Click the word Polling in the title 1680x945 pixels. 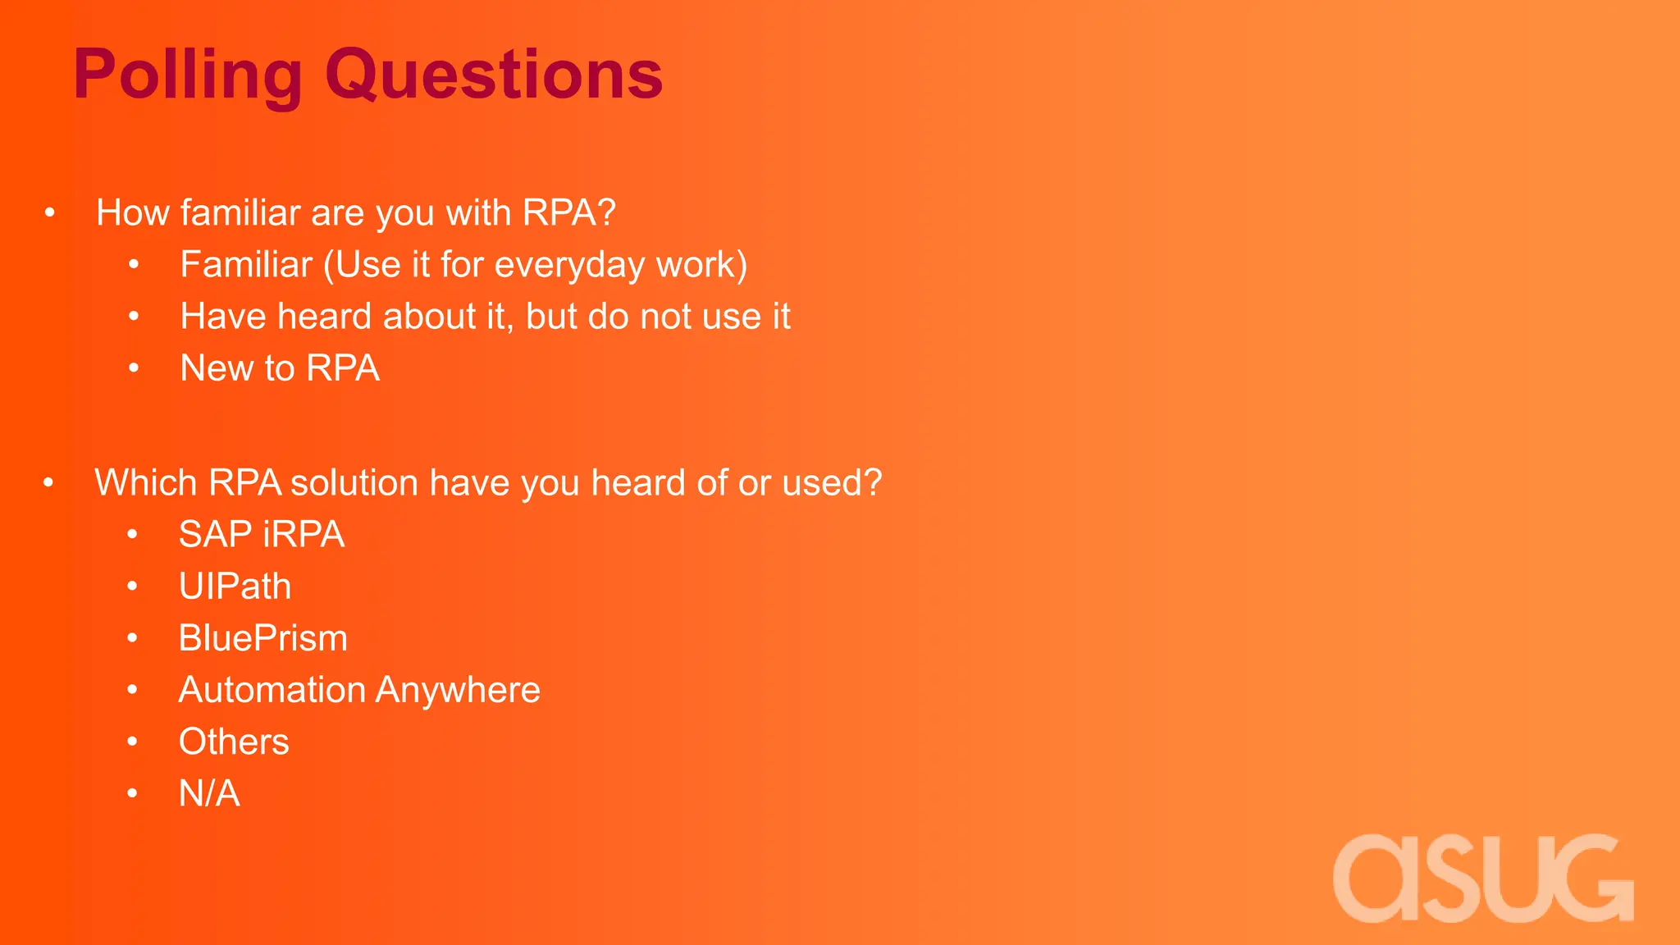coord(188,75)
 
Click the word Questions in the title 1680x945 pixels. coord(494,75)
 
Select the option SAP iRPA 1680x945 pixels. coord(262,535)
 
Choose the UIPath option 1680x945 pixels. coord(235,587)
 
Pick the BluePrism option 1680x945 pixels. coord(263,638)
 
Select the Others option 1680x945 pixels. coord(234,742)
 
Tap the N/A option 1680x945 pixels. coord(209,793)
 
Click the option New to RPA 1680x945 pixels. coord(280,367)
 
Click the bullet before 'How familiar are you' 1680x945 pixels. coord(50,213)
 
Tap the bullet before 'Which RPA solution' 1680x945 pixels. coord(48,483)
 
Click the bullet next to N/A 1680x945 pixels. coord(132,793)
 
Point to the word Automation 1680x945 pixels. coord(272,690)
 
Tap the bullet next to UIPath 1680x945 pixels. coord(132,587)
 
